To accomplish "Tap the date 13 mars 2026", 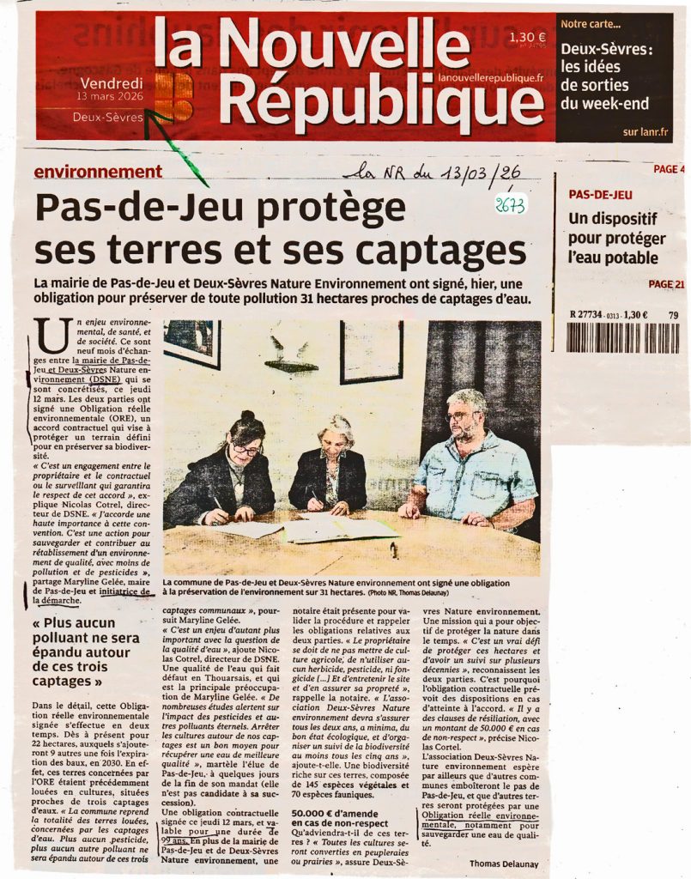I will pos(111,97).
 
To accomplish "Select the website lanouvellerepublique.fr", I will pos(490,78).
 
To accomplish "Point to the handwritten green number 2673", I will pos(510,205).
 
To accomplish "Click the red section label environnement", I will pos(98,172).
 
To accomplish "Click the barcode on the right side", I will pos(621,337).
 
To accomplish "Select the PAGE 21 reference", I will pos(666,285).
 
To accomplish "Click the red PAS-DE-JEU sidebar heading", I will pos(601,195).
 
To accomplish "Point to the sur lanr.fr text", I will pos(646,132).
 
